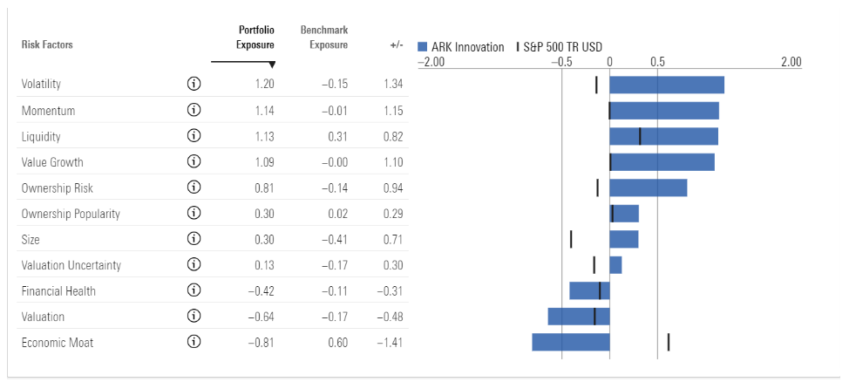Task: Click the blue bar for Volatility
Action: [x=667, y=85]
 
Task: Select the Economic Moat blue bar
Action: [x=571, y=342]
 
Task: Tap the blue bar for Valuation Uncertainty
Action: [x=615, y=265]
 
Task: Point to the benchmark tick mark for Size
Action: [x=571, y=239]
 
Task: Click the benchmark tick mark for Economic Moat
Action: [x=669, y=342]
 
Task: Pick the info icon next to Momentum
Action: [x=194, y=111]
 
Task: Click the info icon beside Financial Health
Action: [x=194, y=290]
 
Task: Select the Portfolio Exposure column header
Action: [x=256, y=38]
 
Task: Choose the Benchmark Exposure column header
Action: [x=323, y=38]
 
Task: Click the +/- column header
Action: [x=397, y=45]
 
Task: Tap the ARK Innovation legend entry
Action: [x=461, y=47]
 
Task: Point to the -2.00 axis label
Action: [x=431, y=62]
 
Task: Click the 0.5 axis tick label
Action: [x=657, y=62]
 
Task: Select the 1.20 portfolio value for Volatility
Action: [x=264, y=85]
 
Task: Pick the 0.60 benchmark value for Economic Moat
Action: [x=337, y=342]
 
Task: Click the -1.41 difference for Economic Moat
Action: [x=392, y=342]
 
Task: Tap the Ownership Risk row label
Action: [x=57, y=188]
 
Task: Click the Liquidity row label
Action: [x=41, y=136]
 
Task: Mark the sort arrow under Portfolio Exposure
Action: [x=272, y=65]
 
